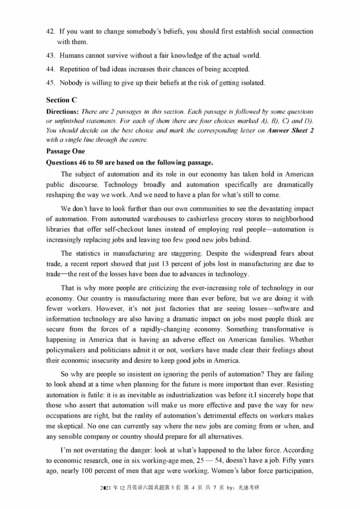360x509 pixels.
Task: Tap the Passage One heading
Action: [66, 152]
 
